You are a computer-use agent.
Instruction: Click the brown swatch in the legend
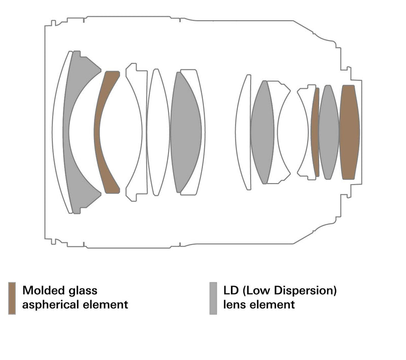(12, 298)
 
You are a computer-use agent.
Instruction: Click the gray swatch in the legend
(213, 298)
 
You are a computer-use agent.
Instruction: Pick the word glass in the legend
(83, 291)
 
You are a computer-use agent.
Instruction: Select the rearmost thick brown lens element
(349, 132)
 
